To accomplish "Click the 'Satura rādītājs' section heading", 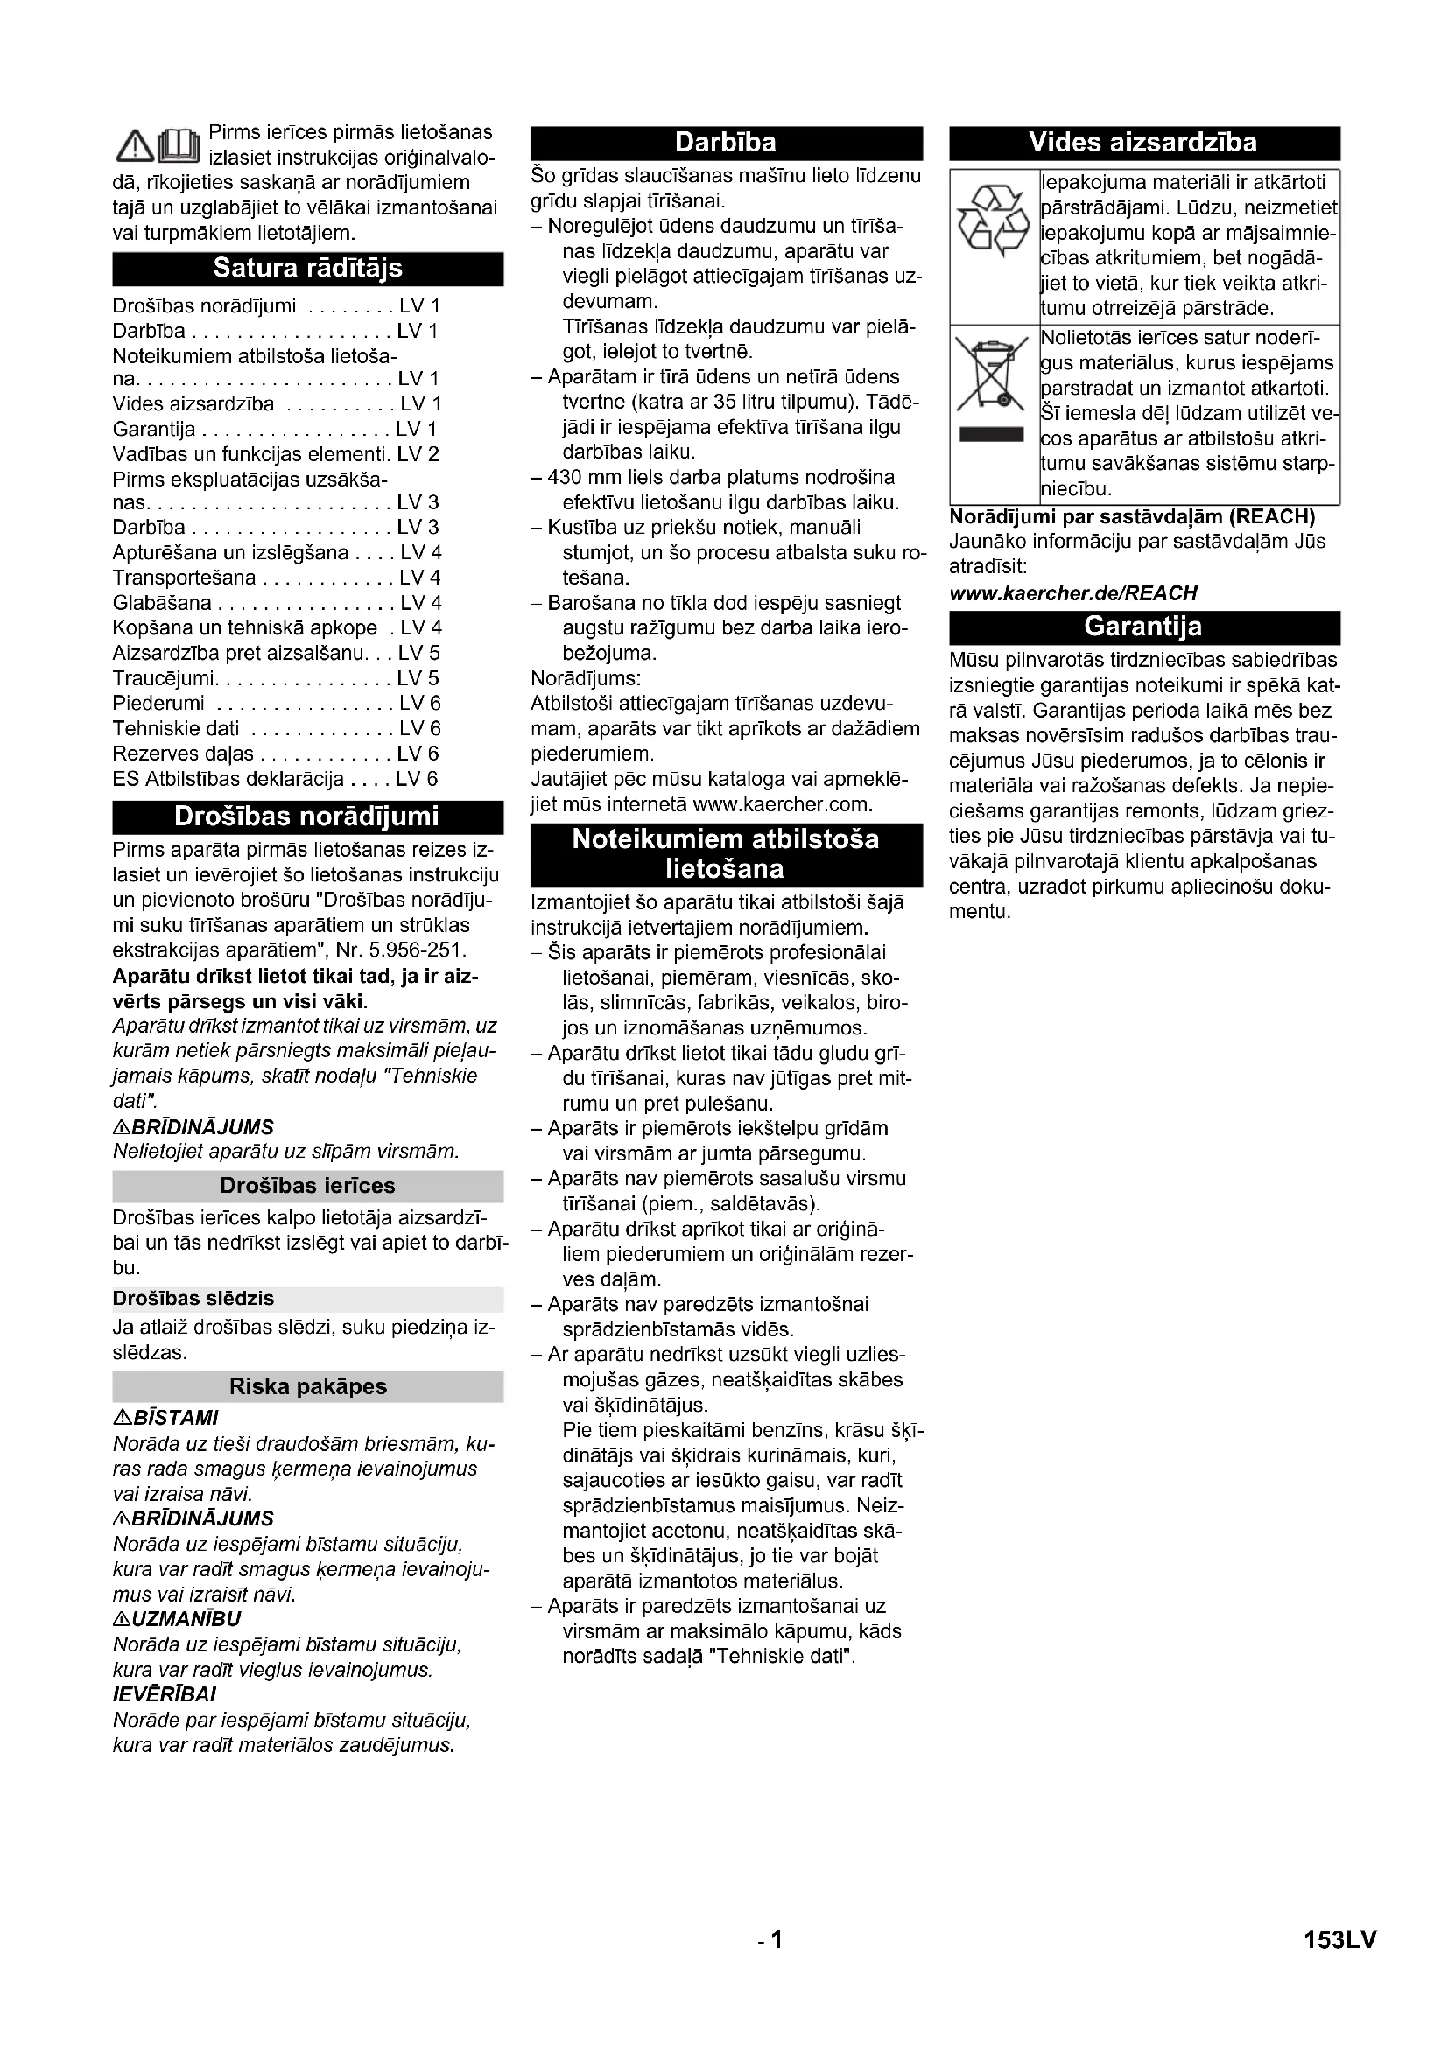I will [307, 269].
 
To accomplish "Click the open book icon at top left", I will [178, 145].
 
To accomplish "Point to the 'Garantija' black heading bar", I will [1144, 627].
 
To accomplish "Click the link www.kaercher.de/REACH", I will [1072, 592].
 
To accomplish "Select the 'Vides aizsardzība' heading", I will [1144, 143].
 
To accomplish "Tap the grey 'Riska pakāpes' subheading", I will [307, 1386].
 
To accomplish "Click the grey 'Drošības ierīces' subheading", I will [307, 1186].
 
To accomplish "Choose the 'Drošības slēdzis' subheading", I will [193, 1298].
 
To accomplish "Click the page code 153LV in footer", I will [1340, 1939].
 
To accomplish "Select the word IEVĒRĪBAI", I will [165, 1694].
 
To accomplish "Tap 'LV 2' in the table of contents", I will [418, 454].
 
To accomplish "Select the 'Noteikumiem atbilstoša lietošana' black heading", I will [726, 854].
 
